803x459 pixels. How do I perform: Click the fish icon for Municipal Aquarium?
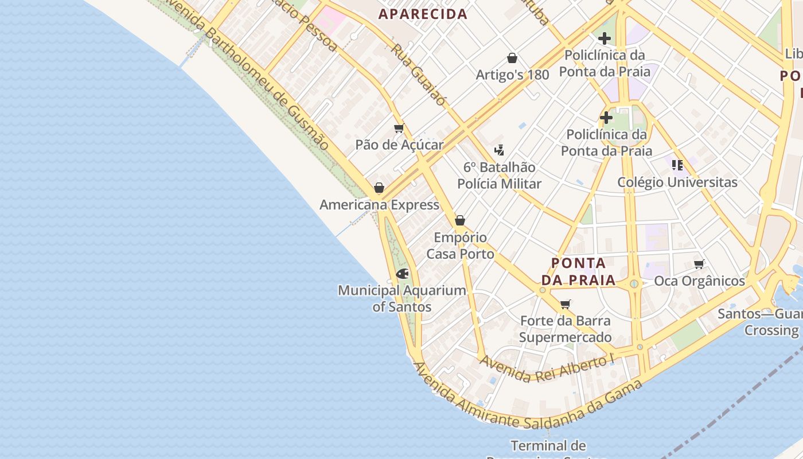402,274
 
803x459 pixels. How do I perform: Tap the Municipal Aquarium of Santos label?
402,298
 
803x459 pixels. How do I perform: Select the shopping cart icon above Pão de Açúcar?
399,128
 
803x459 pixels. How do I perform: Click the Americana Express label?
379,205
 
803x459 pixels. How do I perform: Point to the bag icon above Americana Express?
379,188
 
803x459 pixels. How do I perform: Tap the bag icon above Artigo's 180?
512,58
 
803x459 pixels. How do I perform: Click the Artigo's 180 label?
512,75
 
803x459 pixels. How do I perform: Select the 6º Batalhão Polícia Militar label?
499,176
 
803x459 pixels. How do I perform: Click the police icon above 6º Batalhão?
499,150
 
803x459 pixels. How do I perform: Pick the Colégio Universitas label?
677,182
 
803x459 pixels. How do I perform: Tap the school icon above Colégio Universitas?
677,165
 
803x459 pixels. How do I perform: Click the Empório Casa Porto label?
460,246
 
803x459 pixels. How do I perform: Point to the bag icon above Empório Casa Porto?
459,220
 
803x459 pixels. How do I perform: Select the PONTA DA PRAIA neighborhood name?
578,272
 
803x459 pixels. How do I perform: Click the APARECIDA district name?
423,14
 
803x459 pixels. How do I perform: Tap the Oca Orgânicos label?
699,281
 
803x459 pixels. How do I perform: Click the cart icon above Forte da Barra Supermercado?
566,304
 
